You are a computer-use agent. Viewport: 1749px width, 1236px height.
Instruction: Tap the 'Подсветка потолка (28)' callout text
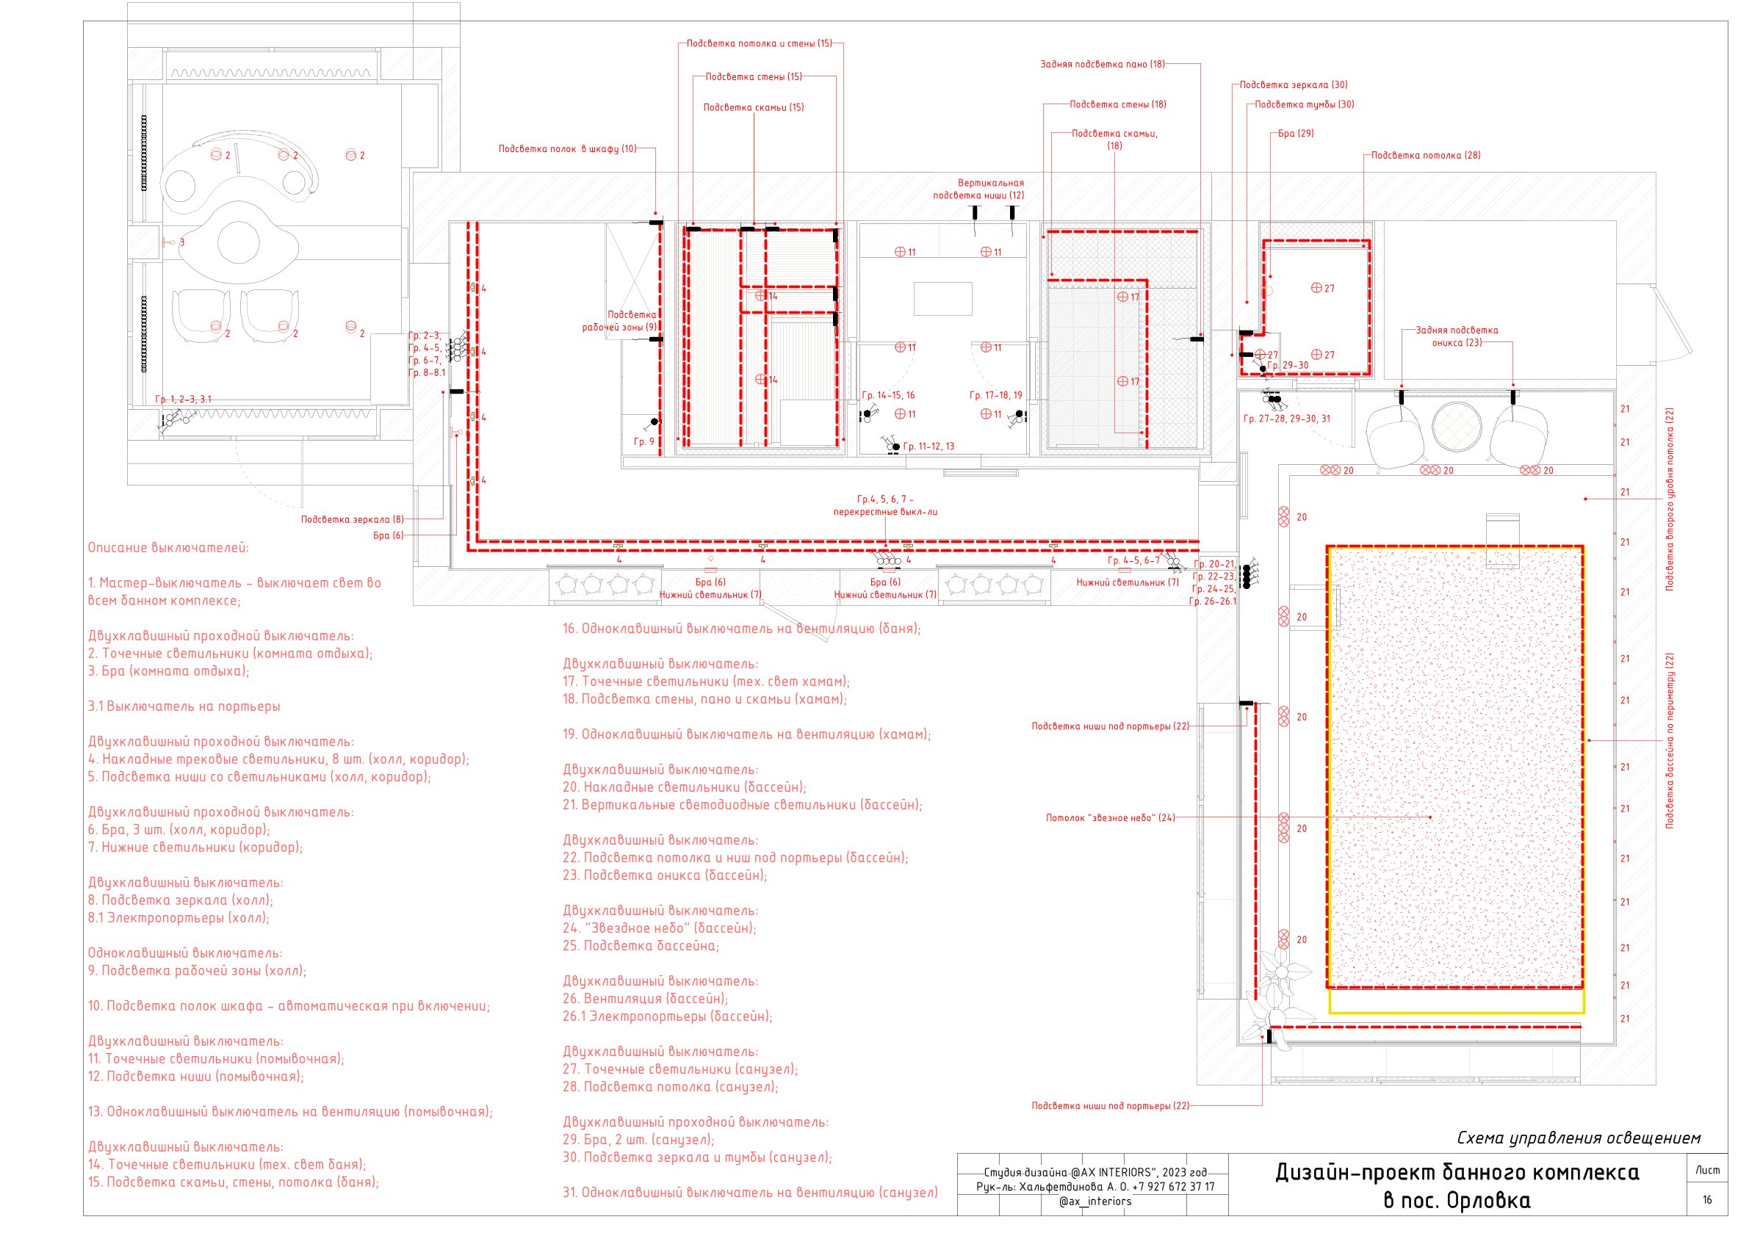point(1426,156)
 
